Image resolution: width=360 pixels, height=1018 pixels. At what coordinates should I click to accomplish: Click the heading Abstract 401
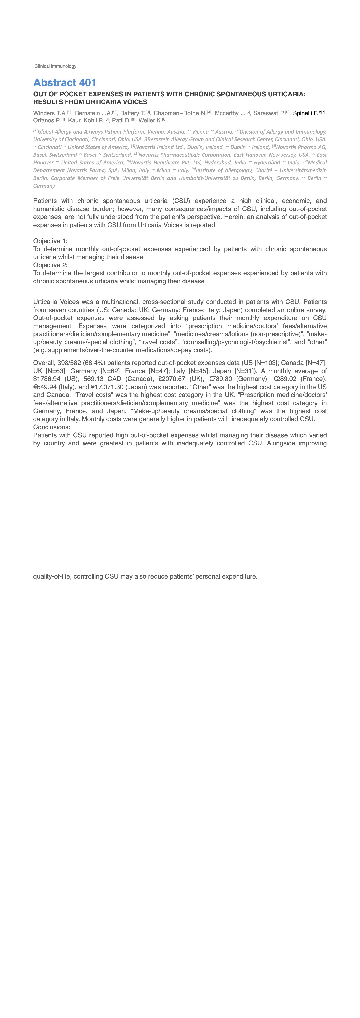[x=65, y=83]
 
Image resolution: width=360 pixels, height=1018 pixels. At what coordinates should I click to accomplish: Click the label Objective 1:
[x=50, y=241]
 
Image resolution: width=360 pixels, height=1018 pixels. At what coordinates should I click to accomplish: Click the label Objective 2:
[x=50, y=265]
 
